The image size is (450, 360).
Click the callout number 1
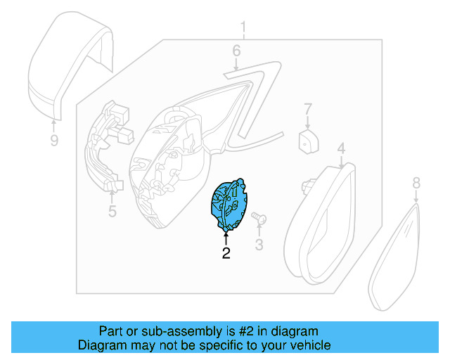[x=244, y=28]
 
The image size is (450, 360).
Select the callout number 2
[x=226, y=253]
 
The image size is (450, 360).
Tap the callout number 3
[x=259, y=245]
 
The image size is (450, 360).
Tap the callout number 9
[x=54, y=141]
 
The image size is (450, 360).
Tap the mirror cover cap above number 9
[x=67, y=63]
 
